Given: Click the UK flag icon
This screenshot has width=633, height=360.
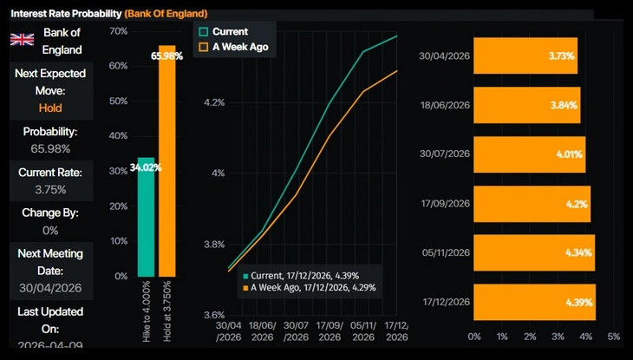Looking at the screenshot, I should pyautogui.click(x=21, y=39).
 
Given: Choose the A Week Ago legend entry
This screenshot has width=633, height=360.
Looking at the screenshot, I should pyautogui.click(x=236, y=47).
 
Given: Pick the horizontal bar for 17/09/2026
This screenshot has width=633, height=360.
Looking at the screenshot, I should pyautogui.click(x=532, y=204).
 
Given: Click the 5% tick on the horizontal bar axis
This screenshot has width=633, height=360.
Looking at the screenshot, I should pyautogui.click(x=614, y=337).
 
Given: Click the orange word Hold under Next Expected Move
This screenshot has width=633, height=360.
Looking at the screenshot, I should pyautogui.click(x=50, y=108).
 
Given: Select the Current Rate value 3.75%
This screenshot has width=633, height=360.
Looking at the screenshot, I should pyautogui.click(x=50, y=188).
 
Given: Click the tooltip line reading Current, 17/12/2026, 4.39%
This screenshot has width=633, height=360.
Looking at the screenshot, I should pyautogui.click(x=313, y=275).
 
